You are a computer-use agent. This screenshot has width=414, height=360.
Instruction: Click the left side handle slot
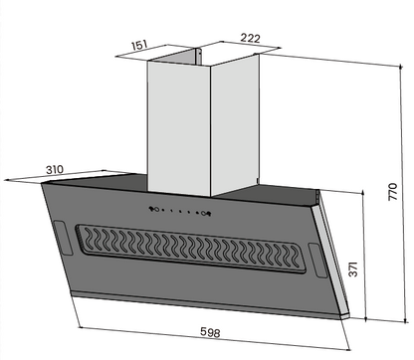[60, 239]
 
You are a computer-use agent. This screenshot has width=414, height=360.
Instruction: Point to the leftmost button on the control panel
[152, 208]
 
